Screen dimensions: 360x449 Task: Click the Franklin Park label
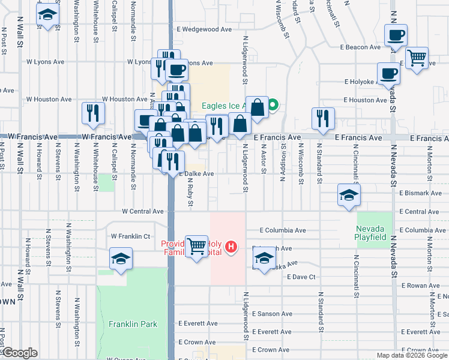[x=133, y=324]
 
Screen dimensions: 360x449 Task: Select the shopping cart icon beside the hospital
[x=197, y=246]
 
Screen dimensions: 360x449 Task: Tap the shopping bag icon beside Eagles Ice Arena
[x=257, y=108]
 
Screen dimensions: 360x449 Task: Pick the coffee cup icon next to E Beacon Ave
[x=396, y=35]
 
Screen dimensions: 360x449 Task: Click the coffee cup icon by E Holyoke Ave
[x=388, y=74]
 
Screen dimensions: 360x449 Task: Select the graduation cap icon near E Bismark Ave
[x=349, y=196]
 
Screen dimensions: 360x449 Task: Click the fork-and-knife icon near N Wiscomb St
[x=323, y=118]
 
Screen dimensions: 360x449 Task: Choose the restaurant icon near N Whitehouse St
[x=93, y=113]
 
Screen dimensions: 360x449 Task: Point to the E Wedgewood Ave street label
[x=206, y=29]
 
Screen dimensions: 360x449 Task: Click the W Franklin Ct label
[x=130, y=236]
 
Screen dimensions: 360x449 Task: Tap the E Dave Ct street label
[x=301, y=277]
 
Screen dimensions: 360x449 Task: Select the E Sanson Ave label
[x=272, y=314]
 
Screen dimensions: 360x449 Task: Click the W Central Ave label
[x=142, y=211]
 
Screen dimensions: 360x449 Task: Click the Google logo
[x=19, y=353]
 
